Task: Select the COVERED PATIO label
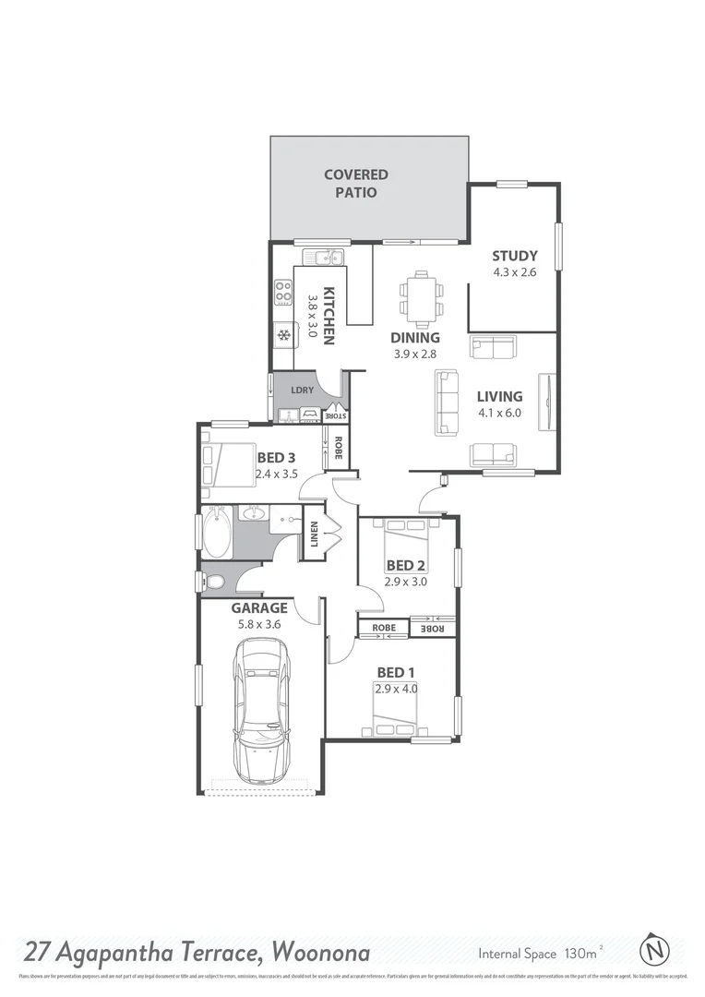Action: pos(355,184)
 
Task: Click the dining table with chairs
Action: pos(421,298)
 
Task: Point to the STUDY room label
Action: pos(514,256)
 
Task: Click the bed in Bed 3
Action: pos(227,463)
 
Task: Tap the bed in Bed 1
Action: pos(395,709)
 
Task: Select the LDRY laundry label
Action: pos(302,390)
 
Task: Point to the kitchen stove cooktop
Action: pos(282,293)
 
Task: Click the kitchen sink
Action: pos(325,257)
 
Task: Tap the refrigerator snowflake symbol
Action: pos(284,334)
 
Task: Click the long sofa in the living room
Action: pos(447,402)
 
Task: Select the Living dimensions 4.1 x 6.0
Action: pos(499,413)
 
